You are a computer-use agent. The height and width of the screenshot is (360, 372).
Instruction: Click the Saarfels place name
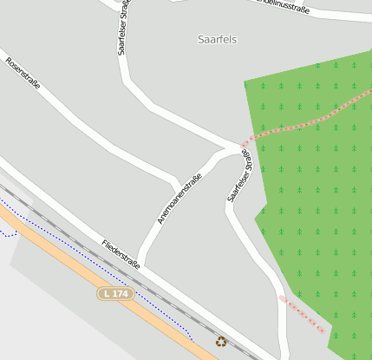217,40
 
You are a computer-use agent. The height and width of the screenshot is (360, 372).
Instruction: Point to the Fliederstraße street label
121,254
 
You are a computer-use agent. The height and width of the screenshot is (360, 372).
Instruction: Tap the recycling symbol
221,341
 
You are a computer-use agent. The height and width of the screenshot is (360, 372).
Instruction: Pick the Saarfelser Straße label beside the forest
239,174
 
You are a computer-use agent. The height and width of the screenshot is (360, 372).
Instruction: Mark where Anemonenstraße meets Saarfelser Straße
231,149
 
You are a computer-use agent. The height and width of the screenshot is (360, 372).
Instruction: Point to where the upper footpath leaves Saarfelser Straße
244,143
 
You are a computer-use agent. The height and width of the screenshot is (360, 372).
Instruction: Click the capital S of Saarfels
201,40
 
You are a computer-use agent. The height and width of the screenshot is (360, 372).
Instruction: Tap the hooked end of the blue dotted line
10,233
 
